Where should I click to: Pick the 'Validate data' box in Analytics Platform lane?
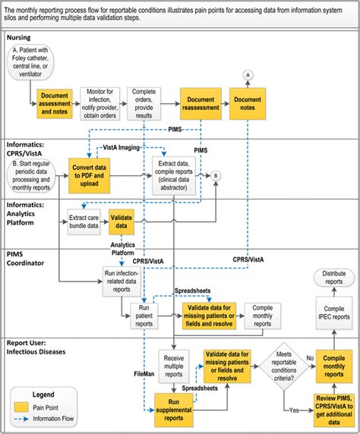pyautogui.click(x=122, y=222)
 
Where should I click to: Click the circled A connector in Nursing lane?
pyautogui.click(x=248, y=75)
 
